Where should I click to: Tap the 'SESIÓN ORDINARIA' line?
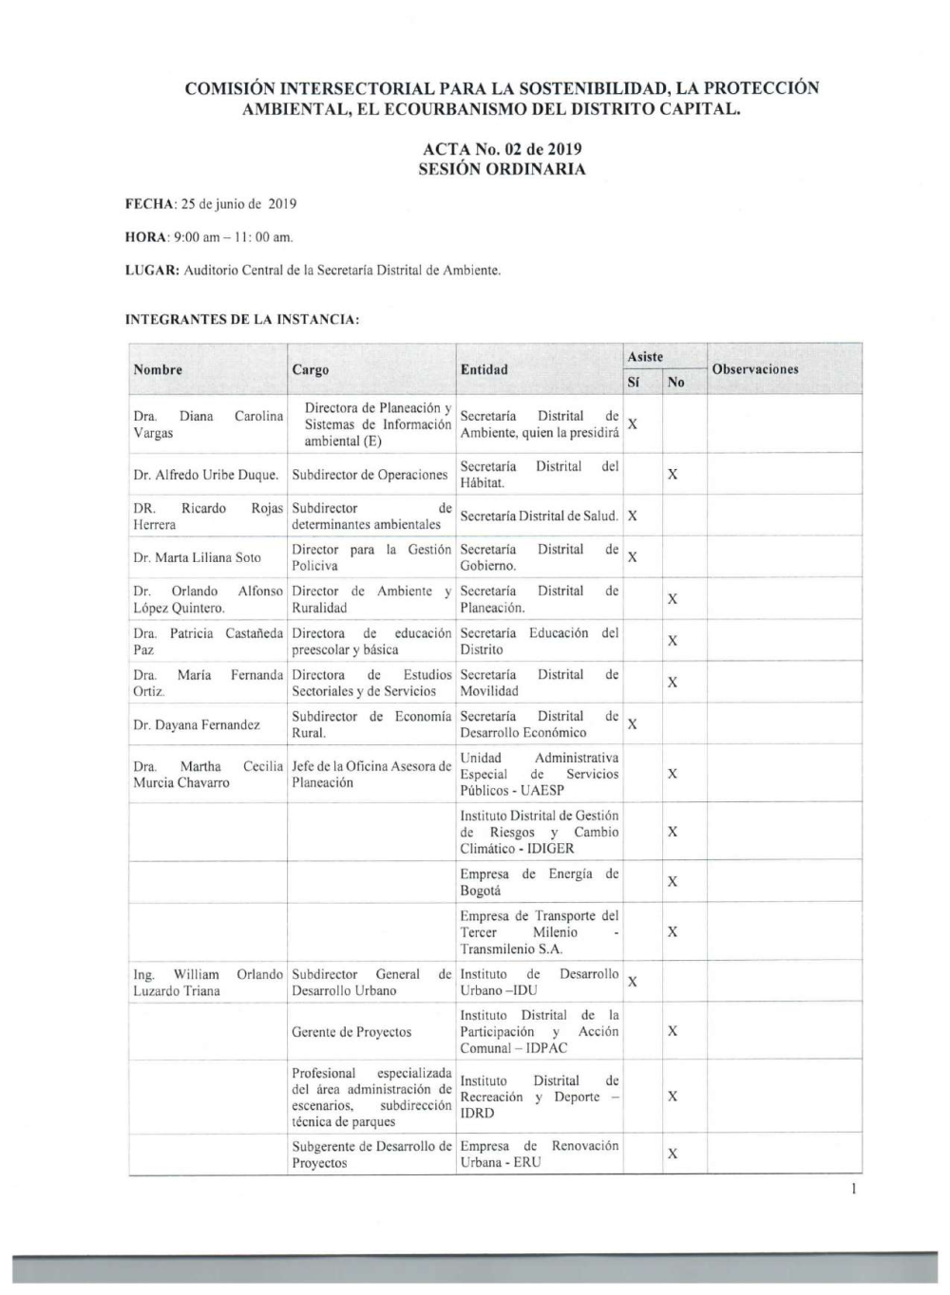click(502, 170)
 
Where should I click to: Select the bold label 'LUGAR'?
click(152, 271)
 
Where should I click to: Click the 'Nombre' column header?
click(158, 369)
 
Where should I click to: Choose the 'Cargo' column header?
click(311, 370)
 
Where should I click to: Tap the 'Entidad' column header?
click(484, 369)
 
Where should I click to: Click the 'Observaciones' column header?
click(754, 369)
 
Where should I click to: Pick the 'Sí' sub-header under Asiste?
click(634, 382)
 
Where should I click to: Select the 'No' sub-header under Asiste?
click(675, 382)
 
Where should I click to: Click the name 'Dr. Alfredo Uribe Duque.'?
click(206, 475)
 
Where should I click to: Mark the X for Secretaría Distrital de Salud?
click(633, 516)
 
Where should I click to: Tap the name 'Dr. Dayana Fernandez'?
click(197, 725)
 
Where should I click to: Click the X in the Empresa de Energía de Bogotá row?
click(673, 882)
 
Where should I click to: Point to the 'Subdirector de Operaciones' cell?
click(370, 475)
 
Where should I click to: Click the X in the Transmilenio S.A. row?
click(673, 932)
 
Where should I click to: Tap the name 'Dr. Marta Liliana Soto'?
click(197, 558)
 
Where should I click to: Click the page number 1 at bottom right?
click(855, 1189)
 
